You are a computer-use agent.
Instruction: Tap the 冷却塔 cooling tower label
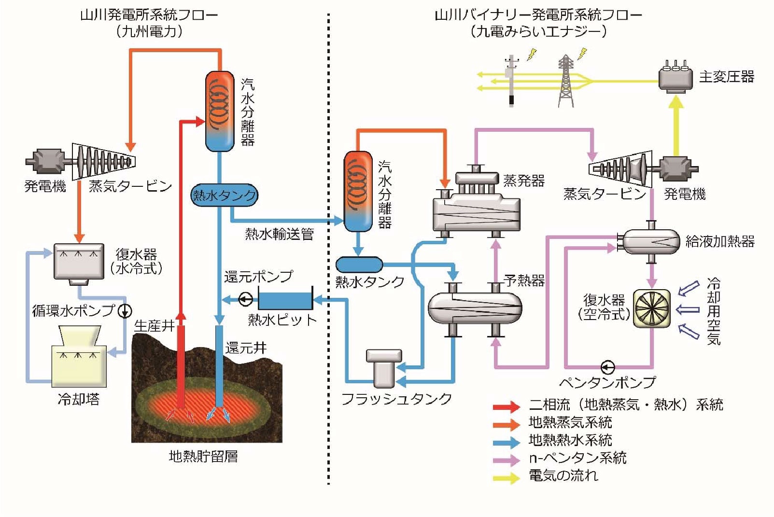point(78,399)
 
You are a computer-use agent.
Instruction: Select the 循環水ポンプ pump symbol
point(125,311)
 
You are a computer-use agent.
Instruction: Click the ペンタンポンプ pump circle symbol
point(607,367)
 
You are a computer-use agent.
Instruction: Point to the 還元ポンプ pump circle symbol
point(246,300)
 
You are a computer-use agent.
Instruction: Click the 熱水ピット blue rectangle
point(285,300)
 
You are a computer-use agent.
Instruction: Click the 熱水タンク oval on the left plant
point(224,195)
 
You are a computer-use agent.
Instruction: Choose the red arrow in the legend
point(506,406)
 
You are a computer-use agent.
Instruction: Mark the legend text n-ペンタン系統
point(577,458)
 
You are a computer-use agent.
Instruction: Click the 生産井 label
point(154,326)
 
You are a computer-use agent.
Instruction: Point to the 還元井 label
point(245,348)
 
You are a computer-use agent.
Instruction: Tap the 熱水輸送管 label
point(279,234)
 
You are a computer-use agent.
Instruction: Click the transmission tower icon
point(566,81)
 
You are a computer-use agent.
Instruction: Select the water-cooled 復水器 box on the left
point(79,262)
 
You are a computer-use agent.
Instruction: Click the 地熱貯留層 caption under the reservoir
point(203,456)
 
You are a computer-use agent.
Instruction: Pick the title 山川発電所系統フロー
point(149,15)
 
